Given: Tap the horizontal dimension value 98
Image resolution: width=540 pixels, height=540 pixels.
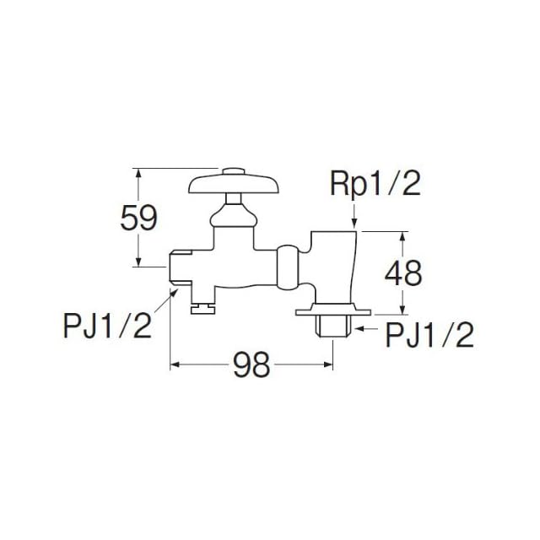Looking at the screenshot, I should (251, 366).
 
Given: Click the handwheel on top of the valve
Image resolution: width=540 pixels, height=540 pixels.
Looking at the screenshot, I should (228, 182).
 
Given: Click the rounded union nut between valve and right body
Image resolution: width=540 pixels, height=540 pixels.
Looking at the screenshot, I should (287, 263).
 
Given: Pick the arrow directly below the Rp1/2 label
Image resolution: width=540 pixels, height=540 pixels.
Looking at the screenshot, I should (356, 221).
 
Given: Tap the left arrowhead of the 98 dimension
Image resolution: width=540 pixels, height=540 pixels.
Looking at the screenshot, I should (176, 366).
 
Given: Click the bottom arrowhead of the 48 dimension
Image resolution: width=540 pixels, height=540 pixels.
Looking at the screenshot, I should (404, 308).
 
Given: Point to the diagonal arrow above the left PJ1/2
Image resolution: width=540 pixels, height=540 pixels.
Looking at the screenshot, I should (171, 293).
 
